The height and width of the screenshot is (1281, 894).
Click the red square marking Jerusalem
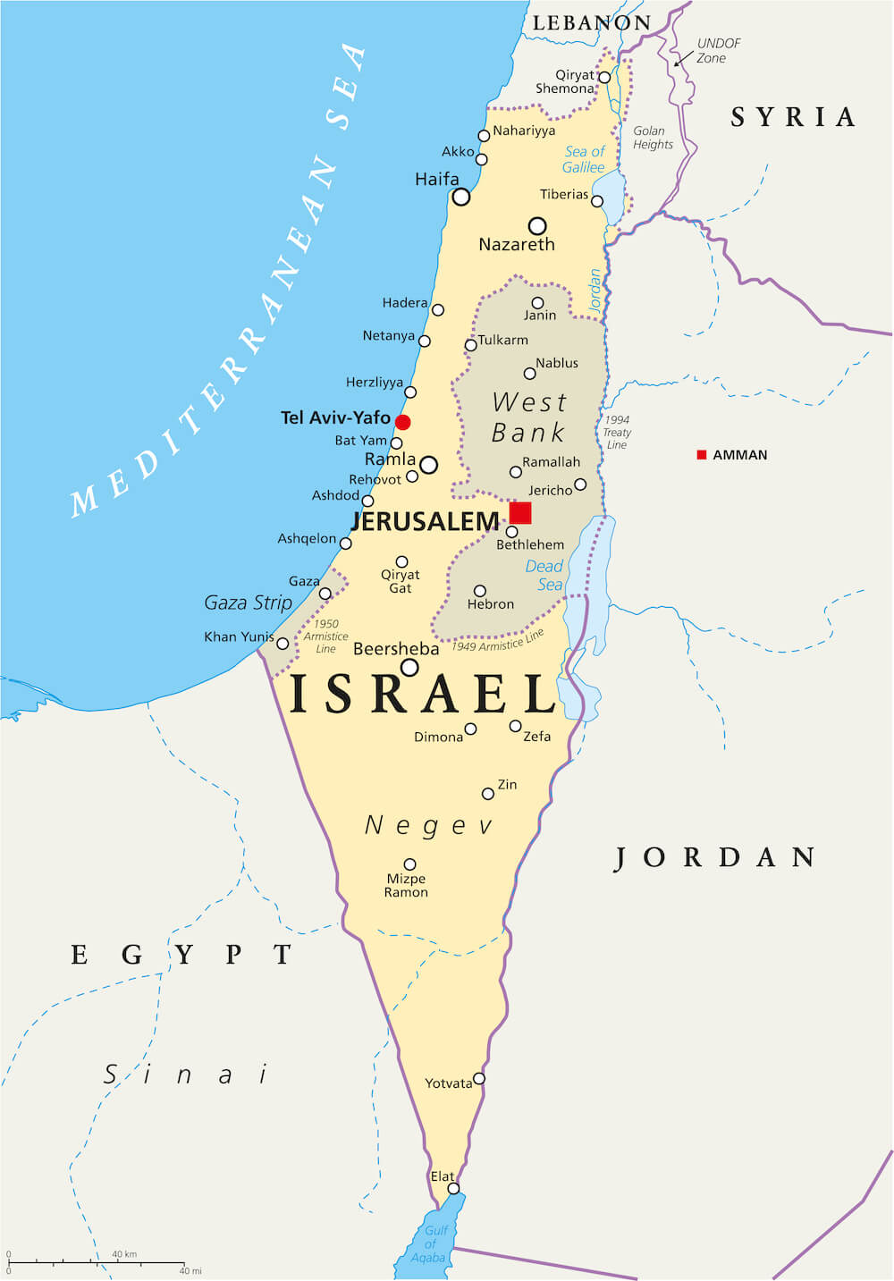[x=520, y=512]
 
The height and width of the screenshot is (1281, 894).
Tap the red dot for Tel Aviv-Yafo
[x=403, y=422]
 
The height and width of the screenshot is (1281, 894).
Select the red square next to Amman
[x=702, y=455]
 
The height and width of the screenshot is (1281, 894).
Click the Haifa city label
[x=437, y=180]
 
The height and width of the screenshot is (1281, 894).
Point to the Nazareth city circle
[x=537, y=225]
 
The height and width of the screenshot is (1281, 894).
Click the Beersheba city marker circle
[x=409, y=667]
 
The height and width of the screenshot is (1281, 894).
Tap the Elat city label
[x=443, y=1176]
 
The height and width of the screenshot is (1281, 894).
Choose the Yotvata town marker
[x=479, y=1079]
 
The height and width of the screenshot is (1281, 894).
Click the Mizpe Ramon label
[x=407, y=885]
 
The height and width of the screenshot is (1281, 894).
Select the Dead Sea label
[x=544, y=575]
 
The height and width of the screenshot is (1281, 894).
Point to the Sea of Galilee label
[x=585, y=159]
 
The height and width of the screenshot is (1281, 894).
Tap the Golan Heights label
[x=653, y=138]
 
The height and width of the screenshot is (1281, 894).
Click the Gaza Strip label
[x=249, y=603]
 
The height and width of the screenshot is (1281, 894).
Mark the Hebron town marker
[x=480, y=591]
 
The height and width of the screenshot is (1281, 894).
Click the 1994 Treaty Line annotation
[x=617, y=432]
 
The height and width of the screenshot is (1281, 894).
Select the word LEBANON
[x=592, y=23]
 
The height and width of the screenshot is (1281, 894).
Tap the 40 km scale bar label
[x=124, y=1254]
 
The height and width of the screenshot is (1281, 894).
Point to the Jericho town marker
[x=580, y=485]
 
